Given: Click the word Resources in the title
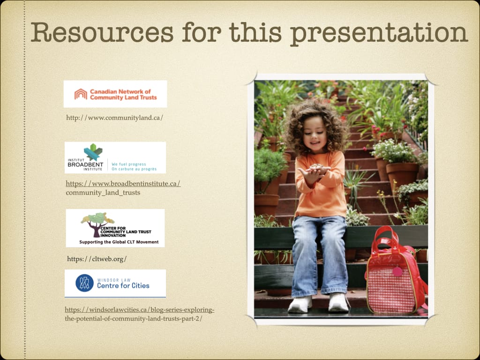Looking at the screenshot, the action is (102, 32).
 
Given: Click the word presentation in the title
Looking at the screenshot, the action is (379, 34).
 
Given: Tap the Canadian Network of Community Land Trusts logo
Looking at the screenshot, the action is (115, 94).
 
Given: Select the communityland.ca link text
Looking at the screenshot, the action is (114, 118).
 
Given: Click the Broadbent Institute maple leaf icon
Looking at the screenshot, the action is (93, 152).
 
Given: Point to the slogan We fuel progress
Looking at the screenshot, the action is (129, 164).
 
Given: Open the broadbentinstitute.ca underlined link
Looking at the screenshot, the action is (123, 184).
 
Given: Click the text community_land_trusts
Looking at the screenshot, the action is (103, 193).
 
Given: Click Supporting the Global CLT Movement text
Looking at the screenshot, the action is (119, 242).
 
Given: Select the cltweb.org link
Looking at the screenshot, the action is (97, 259).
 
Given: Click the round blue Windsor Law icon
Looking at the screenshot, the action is (84, 283).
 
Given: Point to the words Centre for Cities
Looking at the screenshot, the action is (123, 285).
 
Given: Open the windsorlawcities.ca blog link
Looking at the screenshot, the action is (139, 314).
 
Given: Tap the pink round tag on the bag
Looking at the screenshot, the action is (397, 271).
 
